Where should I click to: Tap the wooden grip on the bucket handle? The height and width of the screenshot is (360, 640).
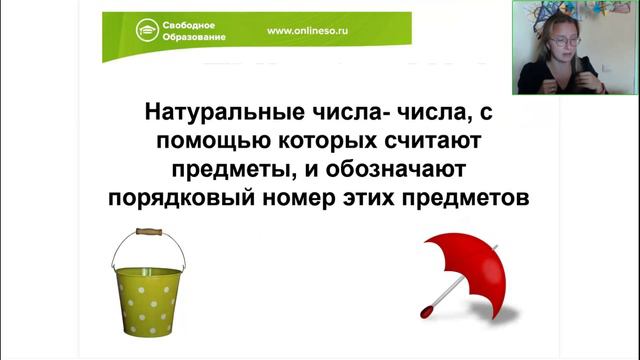[149, 232]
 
